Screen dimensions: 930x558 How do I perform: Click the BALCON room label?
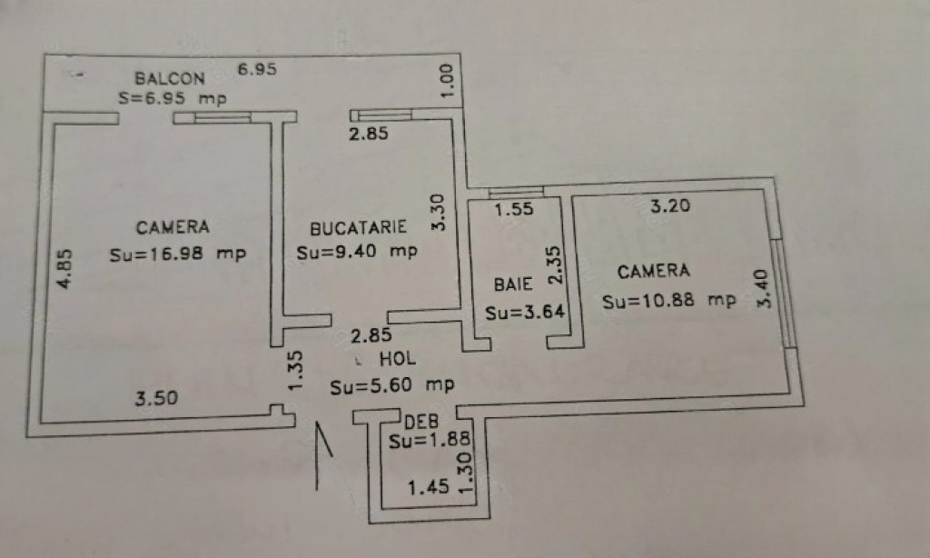170,78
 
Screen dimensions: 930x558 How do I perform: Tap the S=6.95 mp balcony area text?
172,98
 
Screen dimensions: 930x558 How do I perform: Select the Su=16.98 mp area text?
177,254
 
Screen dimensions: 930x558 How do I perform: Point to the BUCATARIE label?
358,227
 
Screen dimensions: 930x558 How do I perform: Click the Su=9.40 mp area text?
357,253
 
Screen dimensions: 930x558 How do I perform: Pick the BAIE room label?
513,284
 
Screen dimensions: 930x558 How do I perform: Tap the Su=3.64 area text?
525,313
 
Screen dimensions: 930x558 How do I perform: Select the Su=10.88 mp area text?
669,301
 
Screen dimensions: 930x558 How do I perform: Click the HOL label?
398,359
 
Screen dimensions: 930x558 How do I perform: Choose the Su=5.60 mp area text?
392,386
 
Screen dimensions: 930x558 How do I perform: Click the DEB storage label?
421,422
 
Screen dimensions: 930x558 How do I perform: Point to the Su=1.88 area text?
430,441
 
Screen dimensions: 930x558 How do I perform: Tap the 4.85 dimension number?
64,269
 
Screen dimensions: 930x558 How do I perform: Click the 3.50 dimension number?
156,398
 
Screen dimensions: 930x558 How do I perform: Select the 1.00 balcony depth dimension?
447,81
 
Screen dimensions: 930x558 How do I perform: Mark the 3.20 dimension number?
670,206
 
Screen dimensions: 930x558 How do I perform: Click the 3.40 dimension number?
764,288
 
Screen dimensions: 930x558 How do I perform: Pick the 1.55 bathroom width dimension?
514,209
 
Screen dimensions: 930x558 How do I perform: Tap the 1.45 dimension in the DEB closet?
429,487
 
